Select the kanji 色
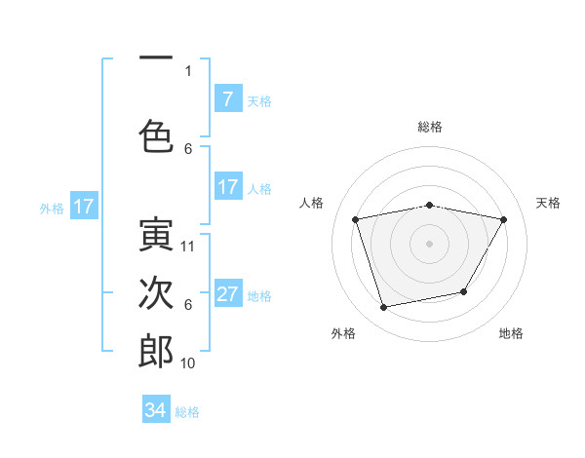pos(156,134)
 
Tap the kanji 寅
pos(156,233)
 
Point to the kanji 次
pos(156,291)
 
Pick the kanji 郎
pos(156,350)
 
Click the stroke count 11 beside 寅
pos(188,247)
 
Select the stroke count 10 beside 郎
pos(188,363)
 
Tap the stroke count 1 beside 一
pos(188,70)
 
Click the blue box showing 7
pos(227,98)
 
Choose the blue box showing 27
pos(227,294)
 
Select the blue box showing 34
pos(156,410)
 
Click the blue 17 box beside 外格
pos(83,207)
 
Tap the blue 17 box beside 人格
pos(227,187)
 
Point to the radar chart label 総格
pos(430,127)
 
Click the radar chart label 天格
pos(549,203)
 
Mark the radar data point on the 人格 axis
pos(356,219)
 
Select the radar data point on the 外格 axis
pos(384,307)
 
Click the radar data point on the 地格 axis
pos(464,291)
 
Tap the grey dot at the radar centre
pos(430,244)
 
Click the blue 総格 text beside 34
pos(187,412)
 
